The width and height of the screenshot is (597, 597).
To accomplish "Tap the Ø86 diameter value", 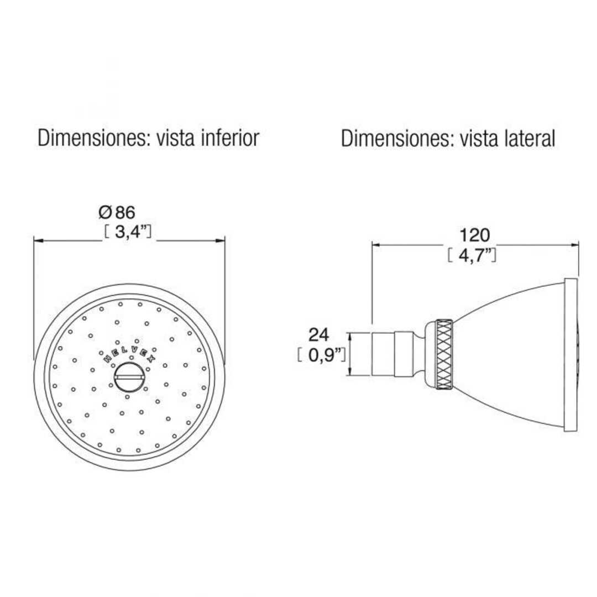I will (117, 212).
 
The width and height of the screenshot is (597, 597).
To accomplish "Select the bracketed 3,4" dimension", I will (128, 231).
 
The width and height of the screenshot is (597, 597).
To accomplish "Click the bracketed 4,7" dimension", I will (471, 255).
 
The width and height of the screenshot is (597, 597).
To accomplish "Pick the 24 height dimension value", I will (319, 334).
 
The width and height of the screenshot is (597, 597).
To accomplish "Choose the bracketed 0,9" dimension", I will (321, 355).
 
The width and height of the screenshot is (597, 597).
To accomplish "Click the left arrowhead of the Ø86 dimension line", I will (37, 240).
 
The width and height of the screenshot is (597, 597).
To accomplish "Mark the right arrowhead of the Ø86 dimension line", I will (222, 240).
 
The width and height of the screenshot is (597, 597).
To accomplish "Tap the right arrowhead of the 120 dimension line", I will (575, 244).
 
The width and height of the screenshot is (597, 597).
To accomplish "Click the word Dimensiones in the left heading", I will (90, 138).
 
